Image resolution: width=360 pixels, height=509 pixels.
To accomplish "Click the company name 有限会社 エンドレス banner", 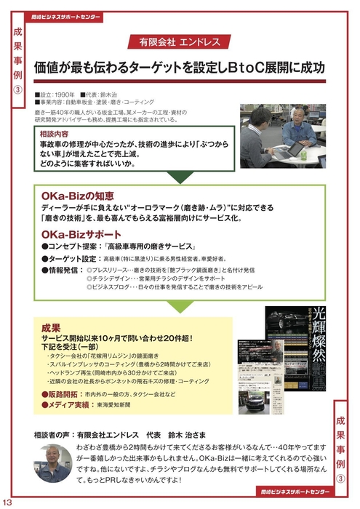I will click(179, 39).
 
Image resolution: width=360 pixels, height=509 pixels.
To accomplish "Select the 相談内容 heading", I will click(55, 134).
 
